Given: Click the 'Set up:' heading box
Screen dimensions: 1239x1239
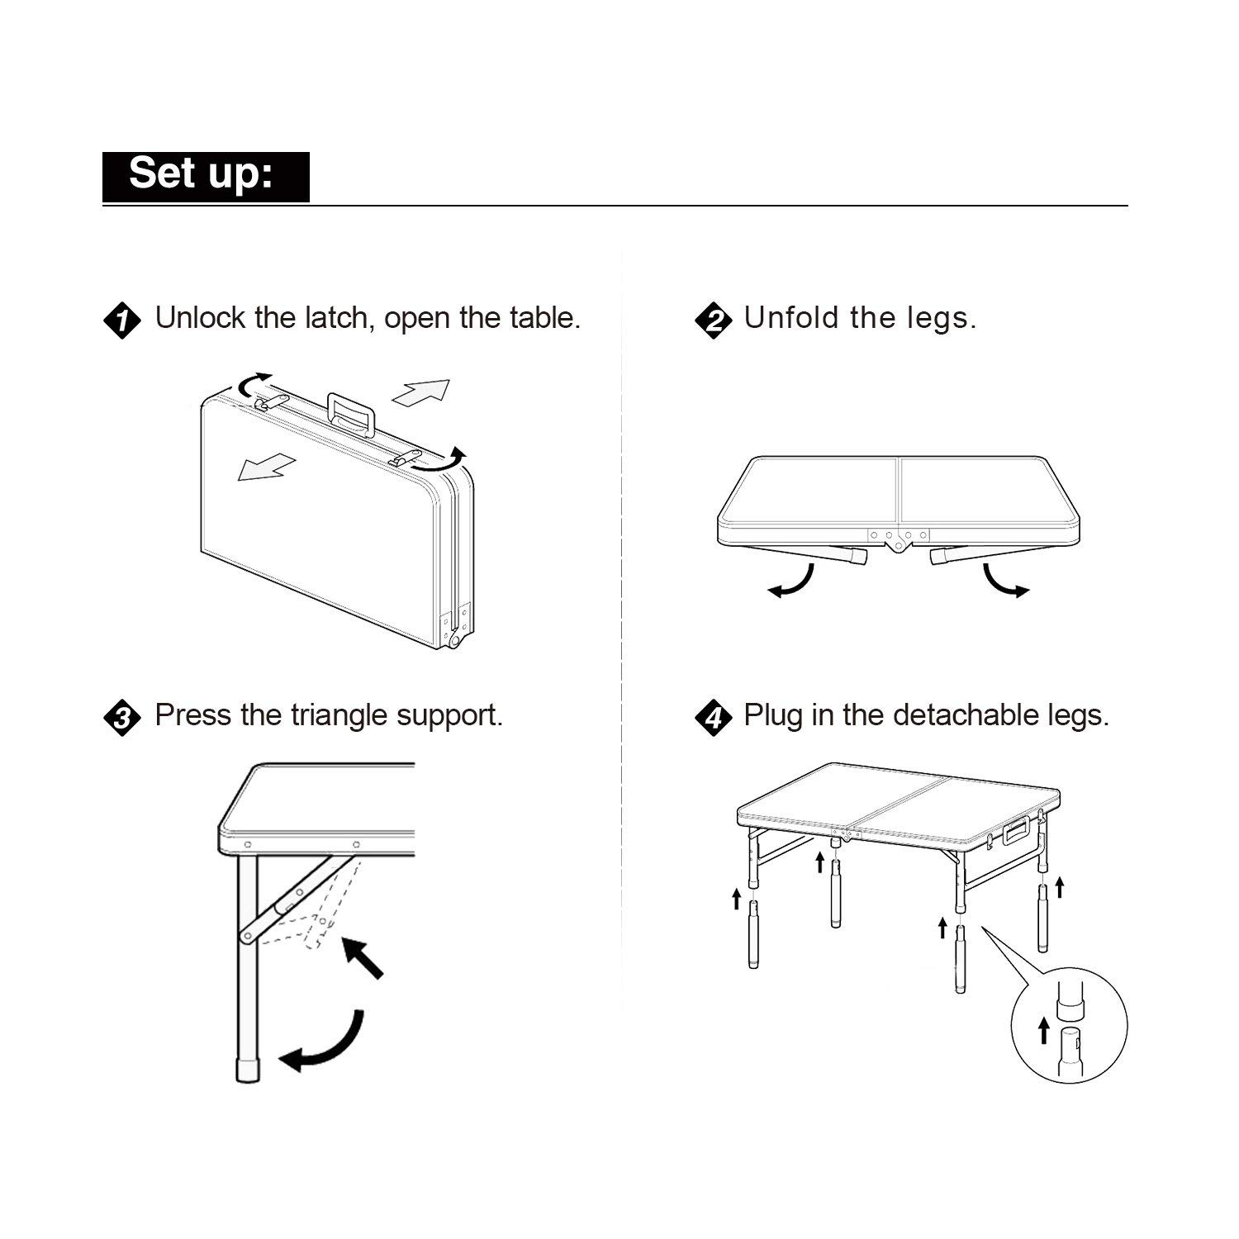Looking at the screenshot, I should point(206,176).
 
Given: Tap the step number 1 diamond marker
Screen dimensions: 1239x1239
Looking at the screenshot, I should point(121,320).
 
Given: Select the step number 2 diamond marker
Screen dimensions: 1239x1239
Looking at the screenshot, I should point(713,320).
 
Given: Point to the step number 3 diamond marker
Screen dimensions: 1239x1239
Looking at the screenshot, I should point(121,717).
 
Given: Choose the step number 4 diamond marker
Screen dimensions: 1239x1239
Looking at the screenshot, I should point(713,717).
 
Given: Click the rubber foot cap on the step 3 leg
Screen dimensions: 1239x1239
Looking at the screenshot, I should point(247,1070).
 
